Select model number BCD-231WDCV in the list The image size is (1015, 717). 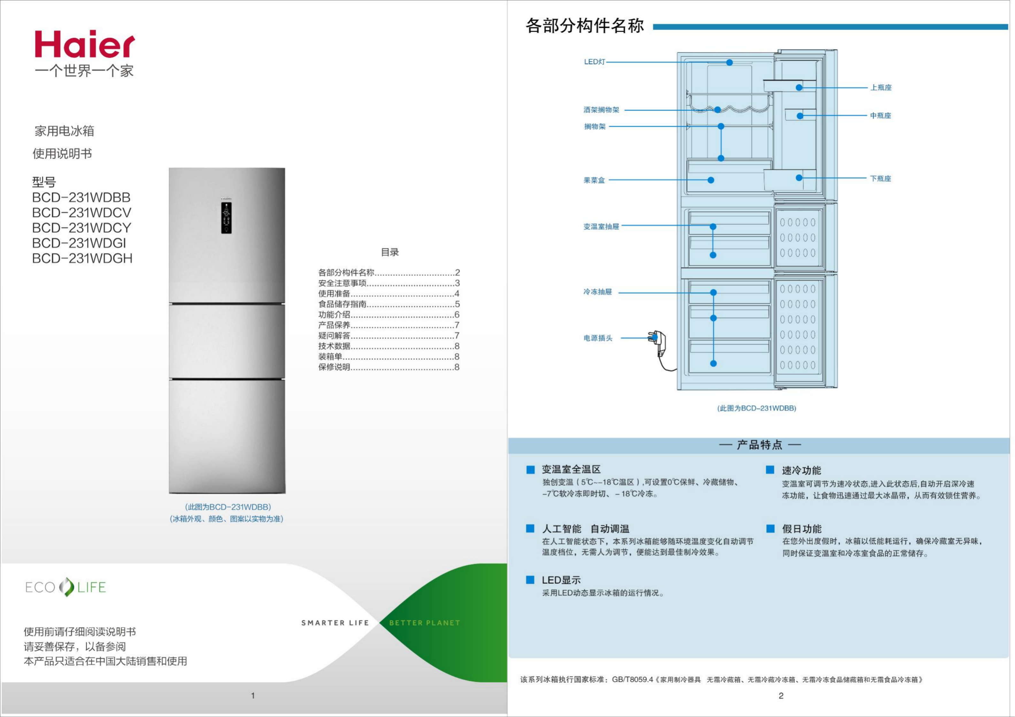[x=82, y=213]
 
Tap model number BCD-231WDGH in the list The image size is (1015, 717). [x=82, y=259]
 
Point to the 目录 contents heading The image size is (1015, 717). [x=390, y=252]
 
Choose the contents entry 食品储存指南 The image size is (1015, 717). [x=342, y=304]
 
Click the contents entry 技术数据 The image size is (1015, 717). [x=334, y=346]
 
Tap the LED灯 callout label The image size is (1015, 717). [x=595, y=62]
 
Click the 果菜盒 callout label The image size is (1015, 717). [x=594, y=180]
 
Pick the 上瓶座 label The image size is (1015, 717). [x=881, y=87]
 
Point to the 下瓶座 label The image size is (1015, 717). [x=880, y=178]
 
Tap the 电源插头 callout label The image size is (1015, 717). [x=598, y=338]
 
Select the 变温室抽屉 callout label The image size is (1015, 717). [x=601, y=227]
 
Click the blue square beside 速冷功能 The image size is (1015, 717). [x=770, y=470]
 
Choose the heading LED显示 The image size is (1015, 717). [x=561, y=580]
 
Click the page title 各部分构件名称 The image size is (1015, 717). [x=584, y=26]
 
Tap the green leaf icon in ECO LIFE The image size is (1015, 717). [x=66, y=587]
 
